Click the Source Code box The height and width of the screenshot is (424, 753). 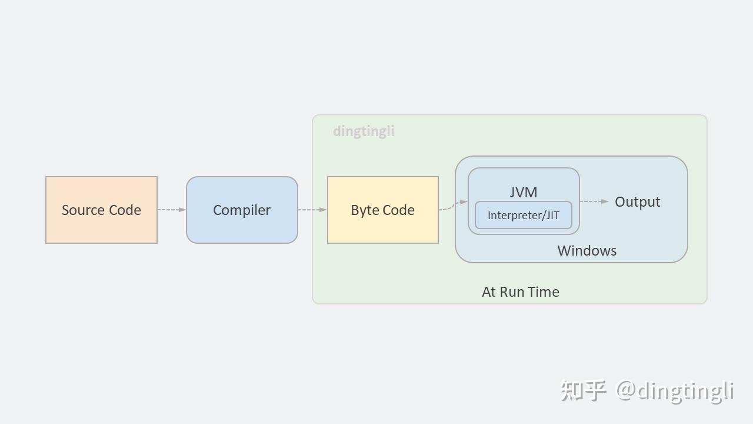tap(101, 210)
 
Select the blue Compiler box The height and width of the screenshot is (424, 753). tap(242, 210)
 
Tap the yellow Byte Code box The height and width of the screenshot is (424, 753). tap(382, 210)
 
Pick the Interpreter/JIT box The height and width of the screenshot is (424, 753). tap(523, 216)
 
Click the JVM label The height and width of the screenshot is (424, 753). tap(523, 192)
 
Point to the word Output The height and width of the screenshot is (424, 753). tap(637, 202)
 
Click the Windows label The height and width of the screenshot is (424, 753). tap(587, 250)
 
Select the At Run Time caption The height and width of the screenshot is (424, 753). tap(520, 291)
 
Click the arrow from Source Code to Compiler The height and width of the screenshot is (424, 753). tap(172, 210)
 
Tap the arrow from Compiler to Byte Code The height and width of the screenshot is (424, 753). tap(312, 210)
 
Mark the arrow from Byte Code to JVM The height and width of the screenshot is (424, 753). tap(453, 205)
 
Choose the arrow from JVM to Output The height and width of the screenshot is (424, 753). tap(594, 201)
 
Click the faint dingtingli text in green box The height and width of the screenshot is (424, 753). tap(364, 131)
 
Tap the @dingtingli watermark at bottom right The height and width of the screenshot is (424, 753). tap(674, 390)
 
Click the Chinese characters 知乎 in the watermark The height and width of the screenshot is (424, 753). tap(583, 390)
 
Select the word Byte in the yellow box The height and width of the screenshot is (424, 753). tap(365, 210)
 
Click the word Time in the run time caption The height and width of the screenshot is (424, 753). tap(544, 291)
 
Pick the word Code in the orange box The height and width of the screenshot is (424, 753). tap(123, 210)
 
